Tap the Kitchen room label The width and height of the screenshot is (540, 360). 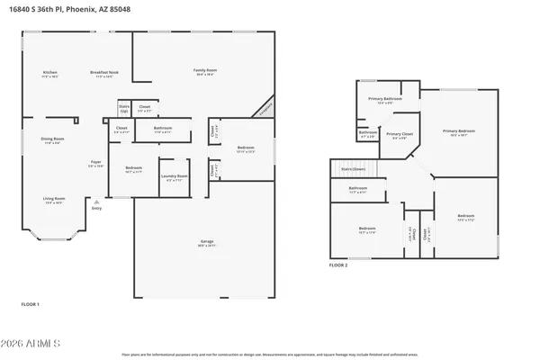(50, 72)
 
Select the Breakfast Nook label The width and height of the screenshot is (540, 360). (105, 72)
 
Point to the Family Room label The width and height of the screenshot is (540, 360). (206, 70)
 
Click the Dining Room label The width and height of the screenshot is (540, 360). (52, 139)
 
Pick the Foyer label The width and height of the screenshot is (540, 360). (96, 162)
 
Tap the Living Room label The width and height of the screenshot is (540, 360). (55, 198)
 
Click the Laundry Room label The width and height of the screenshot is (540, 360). (175, 175)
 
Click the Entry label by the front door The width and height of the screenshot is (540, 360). (96, 209)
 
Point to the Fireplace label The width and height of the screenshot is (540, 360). (266, 109)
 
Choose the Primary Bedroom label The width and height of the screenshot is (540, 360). (458, 131)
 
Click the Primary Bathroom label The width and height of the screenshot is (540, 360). (384, 98)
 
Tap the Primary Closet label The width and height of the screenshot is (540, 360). (398, 133)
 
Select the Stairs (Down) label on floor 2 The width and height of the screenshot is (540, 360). (352, 168)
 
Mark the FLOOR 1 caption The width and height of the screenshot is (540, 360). (31, 306)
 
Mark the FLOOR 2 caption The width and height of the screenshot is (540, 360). (337, 265)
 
